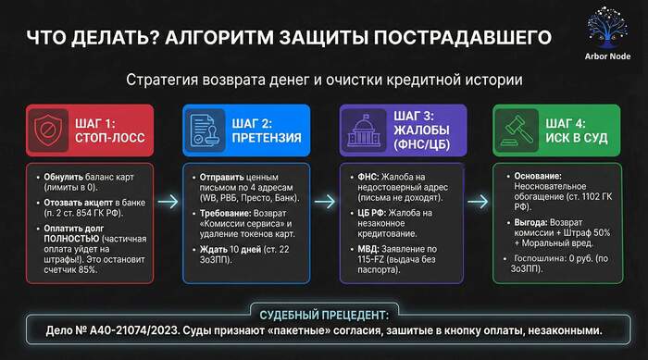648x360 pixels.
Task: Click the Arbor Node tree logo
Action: [x=607, y=28]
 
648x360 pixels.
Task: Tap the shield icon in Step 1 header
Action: [x=48, y=130]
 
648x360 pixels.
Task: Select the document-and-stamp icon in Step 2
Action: [x=205, y=130]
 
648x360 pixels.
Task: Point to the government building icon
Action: [x=364, y=130]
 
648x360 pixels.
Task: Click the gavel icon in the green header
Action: [x=517, y=130]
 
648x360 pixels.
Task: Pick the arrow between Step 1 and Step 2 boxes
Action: [x=168, y=202]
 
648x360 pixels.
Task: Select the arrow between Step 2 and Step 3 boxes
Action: [x=324, y=202]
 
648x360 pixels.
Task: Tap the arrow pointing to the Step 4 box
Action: [x=478, y=202]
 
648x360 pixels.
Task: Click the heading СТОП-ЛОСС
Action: [x=110, y=138]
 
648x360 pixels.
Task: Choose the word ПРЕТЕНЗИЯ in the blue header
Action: [x=267, y=138]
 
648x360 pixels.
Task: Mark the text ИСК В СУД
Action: [x=577, y=138]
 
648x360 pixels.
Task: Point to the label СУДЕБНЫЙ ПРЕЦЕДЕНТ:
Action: [x=324, y=316]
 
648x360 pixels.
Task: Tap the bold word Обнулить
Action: [x=64, y=178]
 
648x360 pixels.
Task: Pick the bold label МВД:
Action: [x=368, y=249]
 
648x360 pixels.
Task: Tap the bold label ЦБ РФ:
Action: [x=372, y=213]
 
